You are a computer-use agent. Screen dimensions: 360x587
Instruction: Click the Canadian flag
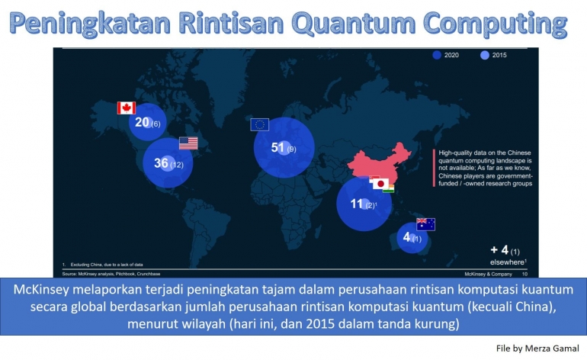(126, 108)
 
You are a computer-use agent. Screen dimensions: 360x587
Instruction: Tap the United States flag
(188, 143)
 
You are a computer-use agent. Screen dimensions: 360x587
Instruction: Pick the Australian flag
(425, 224)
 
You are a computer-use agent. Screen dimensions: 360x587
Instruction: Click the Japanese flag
(378, 184)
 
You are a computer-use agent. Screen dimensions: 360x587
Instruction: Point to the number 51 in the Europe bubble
(277, 147)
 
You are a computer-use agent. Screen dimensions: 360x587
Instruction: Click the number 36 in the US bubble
(161, 163)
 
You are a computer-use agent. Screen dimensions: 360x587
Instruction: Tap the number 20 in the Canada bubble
(142, 122)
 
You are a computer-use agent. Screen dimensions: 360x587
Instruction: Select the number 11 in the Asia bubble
(356, 204)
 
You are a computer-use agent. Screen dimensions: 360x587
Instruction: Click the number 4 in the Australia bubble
(406, 237)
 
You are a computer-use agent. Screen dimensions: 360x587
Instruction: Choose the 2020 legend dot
(437, 55)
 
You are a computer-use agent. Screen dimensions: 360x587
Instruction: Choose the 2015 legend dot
(484, 55)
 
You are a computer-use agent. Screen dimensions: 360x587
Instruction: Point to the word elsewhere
(505, 261)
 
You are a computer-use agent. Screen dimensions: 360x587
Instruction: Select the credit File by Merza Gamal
(537, 348)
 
